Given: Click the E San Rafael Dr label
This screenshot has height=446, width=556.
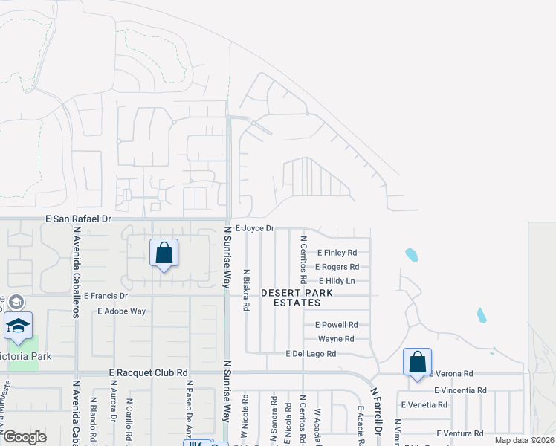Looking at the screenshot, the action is point(78,219).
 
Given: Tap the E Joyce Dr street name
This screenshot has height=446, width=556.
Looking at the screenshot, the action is point(255,228).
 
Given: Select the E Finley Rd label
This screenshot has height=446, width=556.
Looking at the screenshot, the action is point(337,253).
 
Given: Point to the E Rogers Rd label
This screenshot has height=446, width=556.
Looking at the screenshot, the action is point(337,267).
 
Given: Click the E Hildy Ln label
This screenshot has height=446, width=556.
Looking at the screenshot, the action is point(337,281).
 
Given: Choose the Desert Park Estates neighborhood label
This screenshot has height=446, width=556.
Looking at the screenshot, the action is point(297,297).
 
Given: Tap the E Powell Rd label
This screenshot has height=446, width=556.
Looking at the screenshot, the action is point(337,325).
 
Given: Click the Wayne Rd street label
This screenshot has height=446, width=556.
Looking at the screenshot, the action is point(338,339).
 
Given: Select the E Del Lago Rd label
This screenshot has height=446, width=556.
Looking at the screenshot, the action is point(311,354).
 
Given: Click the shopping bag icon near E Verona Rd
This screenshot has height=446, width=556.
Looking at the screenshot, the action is point(418,363).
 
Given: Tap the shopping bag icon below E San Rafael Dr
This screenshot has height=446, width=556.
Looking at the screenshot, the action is point(164,253).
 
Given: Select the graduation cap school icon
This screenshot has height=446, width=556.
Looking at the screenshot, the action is point(18,324).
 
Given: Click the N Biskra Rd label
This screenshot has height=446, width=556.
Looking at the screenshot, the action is point(247,290).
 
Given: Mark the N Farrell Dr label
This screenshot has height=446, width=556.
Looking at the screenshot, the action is point(377,413).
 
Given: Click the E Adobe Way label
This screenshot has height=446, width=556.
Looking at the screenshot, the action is point(121,311).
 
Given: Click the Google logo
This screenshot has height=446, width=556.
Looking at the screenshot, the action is point(25,436).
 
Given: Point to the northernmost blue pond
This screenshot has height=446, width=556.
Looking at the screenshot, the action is point(411,255).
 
